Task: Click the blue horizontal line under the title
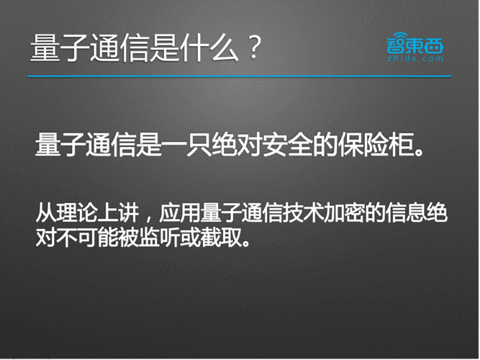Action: [x=240, y=76]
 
